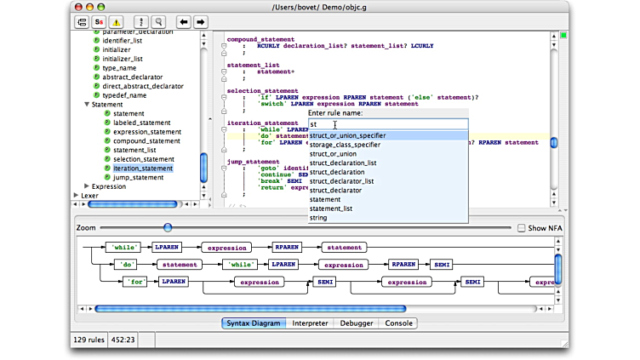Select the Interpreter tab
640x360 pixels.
click(x=310, y=323)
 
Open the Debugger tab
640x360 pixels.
click(x=357, y=323)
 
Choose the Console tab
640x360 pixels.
click(x=398, y=323)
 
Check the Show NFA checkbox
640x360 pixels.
click(x=522, y=228)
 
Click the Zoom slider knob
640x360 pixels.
click(x=168, y=227)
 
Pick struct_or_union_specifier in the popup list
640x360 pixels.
click(x=347, y=135)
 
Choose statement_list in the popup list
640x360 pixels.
click(x=330, y=209)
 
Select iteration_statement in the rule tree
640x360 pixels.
click(x=142, y=169)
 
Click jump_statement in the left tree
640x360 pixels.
click(x=138, y=178)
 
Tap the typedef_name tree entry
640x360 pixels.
click(x=124, y=95)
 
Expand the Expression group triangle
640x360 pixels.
click(x=87, y=186)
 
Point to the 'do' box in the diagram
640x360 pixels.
click(x=128, y=264)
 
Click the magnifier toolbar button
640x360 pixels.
click(x=157, y=21)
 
